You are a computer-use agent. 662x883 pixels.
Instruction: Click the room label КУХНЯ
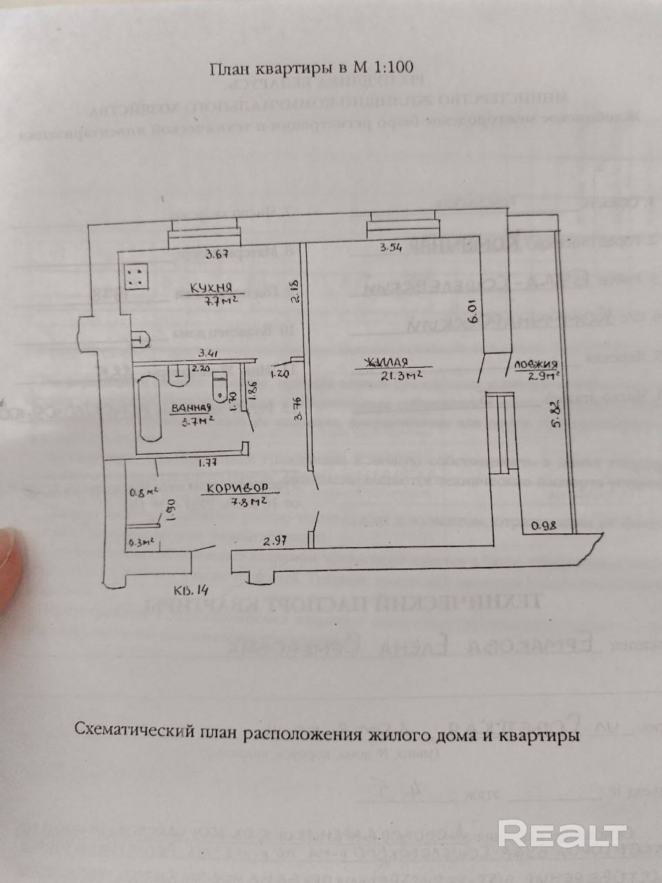coord(211,288)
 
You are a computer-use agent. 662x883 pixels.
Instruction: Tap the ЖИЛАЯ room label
coord(385,363)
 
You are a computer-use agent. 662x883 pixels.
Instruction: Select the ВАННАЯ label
coord(191,408)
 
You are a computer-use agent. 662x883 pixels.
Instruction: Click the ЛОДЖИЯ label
coord(535,365)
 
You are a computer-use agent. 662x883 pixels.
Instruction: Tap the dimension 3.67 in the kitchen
coord(218,254)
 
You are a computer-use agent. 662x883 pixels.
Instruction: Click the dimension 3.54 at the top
coord(391,248)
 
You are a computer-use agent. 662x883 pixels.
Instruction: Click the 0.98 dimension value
coord(544,526)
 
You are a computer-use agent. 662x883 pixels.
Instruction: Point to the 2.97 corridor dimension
coord(275,540)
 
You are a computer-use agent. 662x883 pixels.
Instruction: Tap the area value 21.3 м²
coord(403,375)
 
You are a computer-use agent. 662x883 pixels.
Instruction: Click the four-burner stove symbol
coord(136,276)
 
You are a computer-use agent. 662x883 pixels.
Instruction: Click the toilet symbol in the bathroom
coord(219,385)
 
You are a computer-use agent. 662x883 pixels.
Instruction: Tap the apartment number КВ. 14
coord(191,590)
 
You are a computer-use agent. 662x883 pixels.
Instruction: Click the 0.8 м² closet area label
coord(145,492)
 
